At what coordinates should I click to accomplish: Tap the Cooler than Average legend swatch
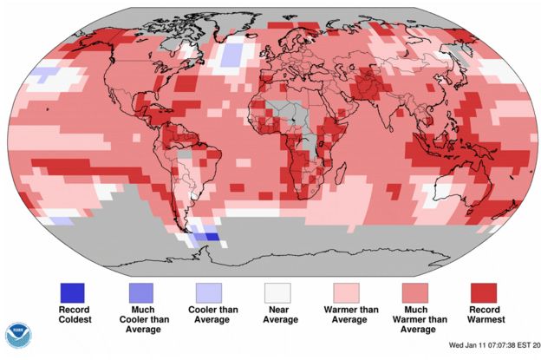208,293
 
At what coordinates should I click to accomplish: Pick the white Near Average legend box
277,293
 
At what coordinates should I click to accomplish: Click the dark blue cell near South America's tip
207,236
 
